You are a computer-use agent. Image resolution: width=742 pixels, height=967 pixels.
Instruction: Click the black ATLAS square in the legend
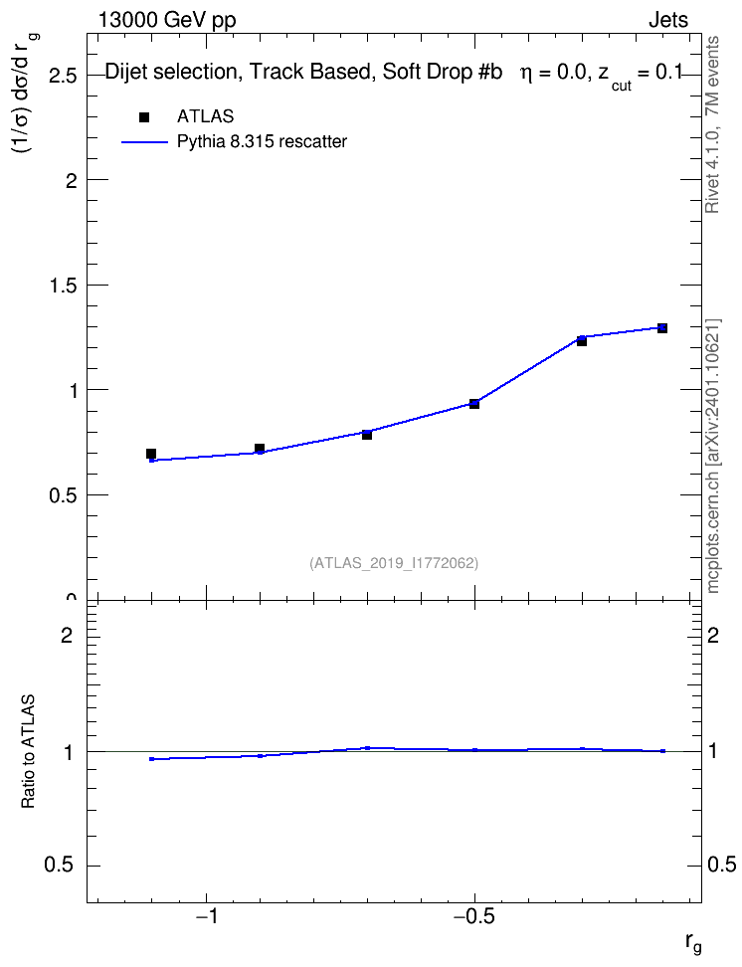[x=144, y=117]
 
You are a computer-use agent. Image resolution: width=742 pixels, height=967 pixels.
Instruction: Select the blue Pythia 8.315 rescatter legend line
[x=144, y=142]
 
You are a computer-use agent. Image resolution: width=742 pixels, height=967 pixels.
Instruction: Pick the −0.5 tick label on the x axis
[x=473, y=916]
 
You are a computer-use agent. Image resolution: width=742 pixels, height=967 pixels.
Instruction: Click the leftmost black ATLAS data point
[x=151, y=454]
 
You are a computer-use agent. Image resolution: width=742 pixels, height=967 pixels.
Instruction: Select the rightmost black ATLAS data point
[x=661, y=328]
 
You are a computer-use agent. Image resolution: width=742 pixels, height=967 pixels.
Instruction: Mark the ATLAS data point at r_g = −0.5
[x=474, y=404]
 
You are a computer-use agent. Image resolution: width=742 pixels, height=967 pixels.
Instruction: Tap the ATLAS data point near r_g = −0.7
[x=367, y=435]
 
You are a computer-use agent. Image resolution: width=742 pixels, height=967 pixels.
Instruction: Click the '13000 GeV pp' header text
[x=167, y=20]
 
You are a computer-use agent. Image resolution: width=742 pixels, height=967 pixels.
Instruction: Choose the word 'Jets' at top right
[x=668, y=20]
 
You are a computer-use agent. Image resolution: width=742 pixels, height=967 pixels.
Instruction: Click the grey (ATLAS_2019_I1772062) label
[x=394, y=563]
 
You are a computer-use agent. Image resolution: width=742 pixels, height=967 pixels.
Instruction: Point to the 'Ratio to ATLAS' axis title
[x=28, y=751]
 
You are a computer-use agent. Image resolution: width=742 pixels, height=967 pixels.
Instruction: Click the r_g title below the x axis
[x=693, y=943]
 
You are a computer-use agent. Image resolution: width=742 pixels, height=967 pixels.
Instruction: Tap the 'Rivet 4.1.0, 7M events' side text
[x=712, y=124]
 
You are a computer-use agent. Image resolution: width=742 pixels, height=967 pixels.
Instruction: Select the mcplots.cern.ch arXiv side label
[x=712, y=456]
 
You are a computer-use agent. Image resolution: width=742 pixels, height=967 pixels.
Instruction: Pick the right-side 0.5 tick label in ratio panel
[x=721, y=865]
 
